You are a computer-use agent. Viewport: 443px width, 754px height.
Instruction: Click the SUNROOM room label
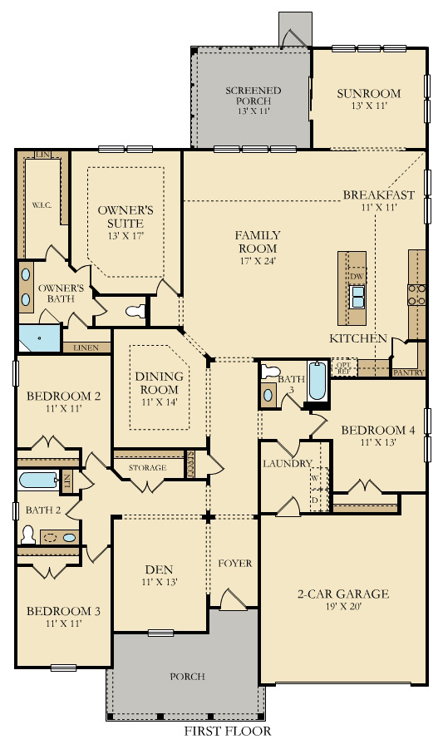(x=368, y=93)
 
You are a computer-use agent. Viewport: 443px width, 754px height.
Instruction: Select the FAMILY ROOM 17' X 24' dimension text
(x=258, y=262)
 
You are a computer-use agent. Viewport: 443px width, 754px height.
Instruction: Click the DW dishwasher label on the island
(x=357, y=277)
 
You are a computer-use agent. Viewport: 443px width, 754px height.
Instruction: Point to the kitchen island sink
(x=357, y=297)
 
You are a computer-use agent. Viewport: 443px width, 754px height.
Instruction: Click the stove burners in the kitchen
(x=416, y=295)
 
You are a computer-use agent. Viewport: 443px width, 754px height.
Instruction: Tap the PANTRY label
(x=409, y=372)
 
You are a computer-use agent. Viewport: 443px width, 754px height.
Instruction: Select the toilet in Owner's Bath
(x=135, y=311)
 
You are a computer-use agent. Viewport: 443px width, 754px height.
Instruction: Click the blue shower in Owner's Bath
(x=39, y=338)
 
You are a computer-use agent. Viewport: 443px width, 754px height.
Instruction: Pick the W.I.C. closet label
(x=42, y=205)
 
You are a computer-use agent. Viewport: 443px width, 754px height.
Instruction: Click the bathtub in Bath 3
(x=317, y=382)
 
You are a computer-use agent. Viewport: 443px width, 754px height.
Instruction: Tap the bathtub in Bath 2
(x=38, y=480)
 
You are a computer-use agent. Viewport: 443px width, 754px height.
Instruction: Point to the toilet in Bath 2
(x=28, y=535)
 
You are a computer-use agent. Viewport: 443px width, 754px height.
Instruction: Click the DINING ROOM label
(x=160, y=382)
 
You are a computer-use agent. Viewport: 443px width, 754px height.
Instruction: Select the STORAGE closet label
(x=148, y=467)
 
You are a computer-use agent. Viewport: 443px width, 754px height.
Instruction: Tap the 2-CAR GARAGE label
(x=343, y=594)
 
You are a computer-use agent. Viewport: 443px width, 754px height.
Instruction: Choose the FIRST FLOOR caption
(x=228, y=732)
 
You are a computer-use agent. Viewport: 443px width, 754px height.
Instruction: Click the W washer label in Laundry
(x=315, y=478)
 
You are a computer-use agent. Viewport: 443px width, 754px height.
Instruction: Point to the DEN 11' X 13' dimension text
(x=160, y=582)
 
